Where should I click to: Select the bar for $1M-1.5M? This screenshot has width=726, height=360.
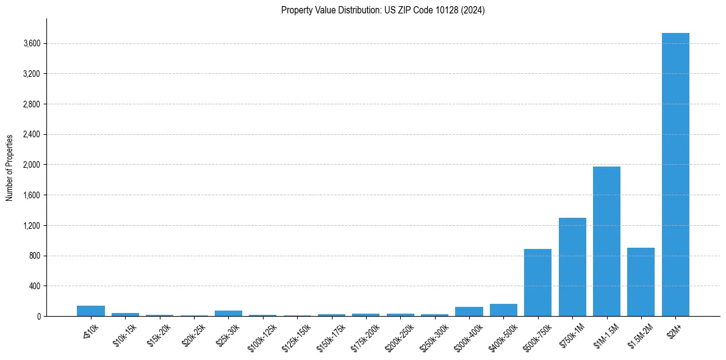[606, 241]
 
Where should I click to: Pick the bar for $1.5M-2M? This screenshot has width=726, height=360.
[641, 282]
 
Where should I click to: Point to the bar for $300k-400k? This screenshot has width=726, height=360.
[469, 312]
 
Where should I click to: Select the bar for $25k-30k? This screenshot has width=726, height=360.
[228, 313]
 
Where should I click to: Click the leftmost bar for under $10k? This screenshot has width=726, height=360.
[91, 311]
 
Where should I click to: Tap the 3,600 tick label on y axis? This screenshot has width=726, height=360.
[32, 43]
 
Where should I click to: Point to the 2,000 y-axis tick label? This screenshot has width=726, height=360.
[32, 165]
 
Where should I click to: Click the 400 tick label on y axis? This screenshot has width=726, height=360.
[35, 286]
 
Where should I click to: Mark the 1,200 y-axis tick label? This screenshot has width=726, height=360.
[32, 225]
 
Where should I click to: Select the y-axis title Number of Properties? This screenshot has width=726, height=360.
[9, 167]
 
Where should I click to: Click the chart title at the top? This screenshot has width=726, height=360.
[383, 10]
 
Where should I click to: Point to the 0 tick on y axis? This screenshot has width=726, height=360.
[38, 316]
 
